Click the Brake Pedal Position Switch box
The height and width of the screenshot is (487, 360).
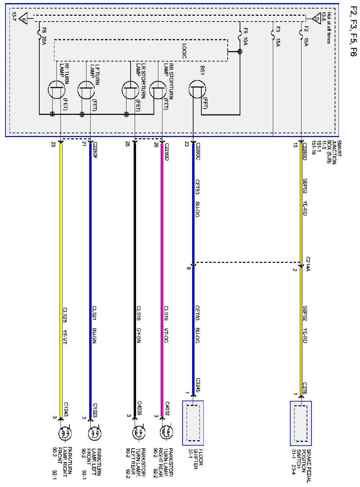pyautogui.click(x=301, y=423)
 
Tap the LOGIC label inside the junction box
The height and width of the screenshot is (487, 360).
pyautogui.click(x=184, y=51)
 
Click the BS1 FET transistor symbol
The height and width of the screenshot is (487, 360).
pyautogui.click(x=197, y=90)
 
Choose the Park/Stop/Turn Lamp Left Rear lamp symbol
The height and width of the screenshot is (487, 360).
pyautogui.click(x=138, y=433)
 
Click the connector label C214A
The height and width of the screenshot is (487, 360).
pyautogui.click(x=308, y=264)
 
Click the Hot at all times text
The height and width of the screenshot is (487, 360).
pyautogui.click(x=329, y=28)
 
